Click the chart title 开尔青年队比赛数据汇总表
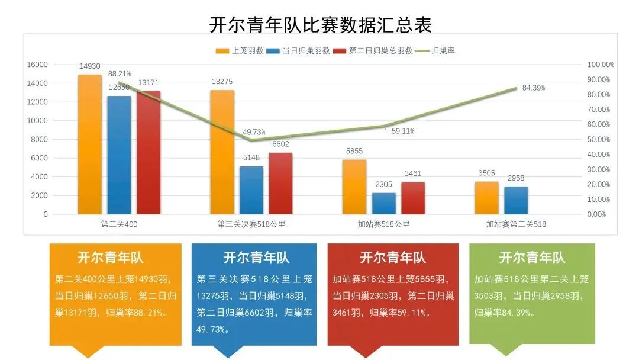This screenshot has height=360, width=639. point(320,24)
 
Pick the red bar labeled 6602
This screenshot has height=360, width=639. point(280,183)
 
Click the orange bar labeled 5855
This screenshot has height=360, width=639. point(354,187)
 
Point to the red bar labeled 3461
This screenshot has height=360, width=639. point(413,198)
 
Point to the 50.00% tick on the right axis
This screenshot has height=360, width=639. point(599,140)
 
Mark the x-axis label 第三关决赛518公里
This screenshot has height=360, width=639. point(251,224)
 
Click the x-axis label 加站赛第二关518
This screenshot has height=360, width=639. point(516,224)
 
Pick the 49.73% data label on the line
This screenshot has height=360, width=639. point(254,132)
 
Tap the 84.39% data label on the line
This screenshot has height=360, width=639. point(534,88)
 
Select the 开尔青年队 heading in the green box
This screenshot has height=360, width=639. point(532,258)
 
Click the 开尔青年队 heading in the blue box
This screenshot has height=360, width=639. point(256,258)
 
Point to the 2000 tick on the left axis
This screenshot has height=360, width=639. point(40,195)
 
